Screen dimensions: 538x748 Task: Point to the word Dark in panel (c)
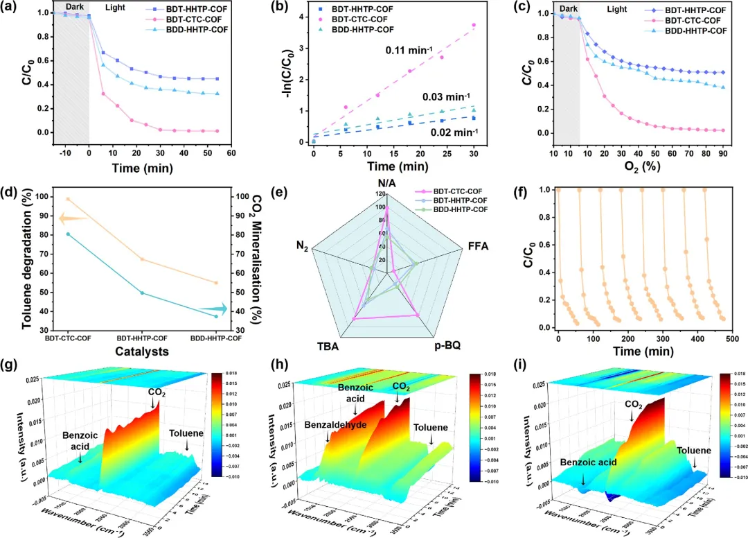(569, 9)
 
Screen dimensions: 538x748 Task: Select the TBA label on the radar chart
(328, 345)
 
